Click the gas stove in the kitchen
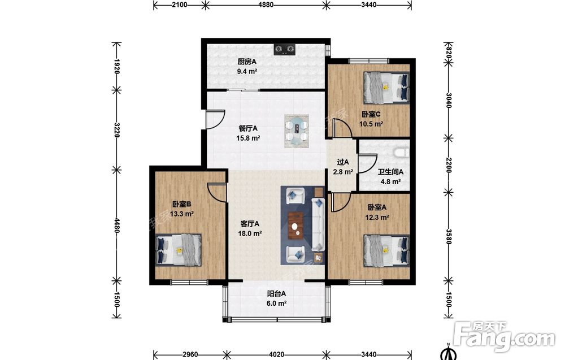coord(285,49)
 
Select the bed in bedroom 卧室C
coord(386,87)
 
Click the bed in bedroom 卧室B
coord(179,250)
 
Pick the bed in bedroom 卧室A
coord(386,250)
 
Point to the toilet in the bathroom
coord(401,153)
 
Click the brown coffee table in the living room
coord(296,226)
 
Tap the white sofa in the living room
coord(318,224)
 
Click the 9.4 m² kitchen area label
coord(247,71)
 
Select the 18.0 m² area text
coord(250,233)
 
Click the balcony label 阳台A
coord(276,294)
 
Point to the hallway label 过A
coord(343,162)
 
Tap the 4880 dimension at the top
coord(266,5)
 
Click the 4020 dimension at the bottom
coord(276,354)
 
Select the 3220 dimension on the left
coord(116,130)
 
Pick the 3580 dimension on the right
coord(449,237)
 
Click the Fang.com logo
coord(505,337)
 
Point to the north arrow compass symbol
coord(448,353)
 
